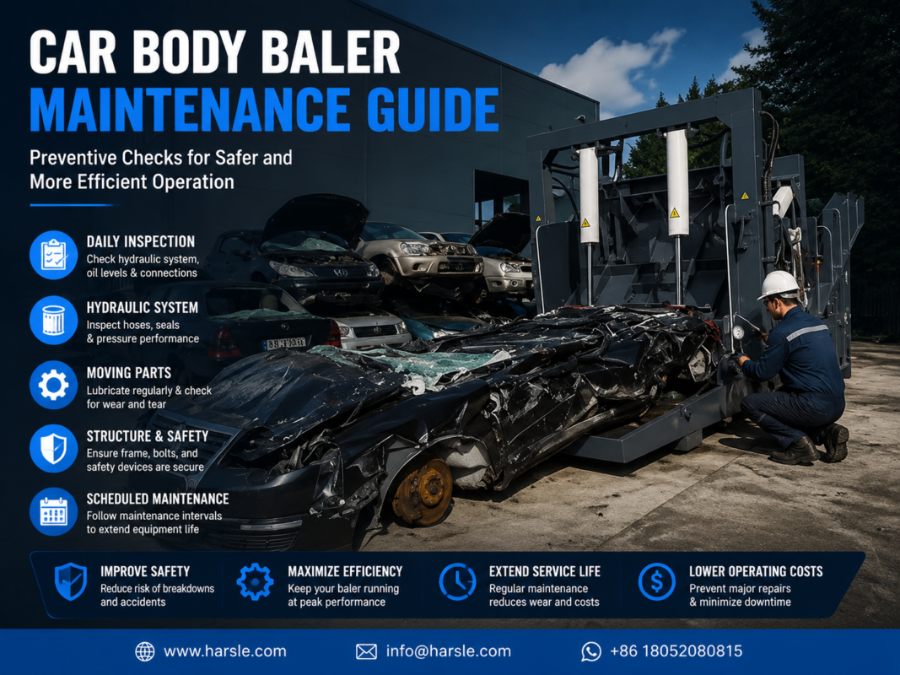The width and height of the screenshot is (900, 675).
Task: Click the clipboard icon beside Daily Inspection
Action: [53, 255]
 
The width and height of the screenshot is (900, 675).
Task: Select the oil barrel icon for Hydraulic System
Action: [53, 320]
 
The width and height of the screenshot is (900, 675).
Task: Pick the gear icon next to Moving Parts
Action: [53, 385]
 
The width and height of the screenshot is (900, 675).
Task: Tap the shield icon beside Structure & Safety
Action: [53, 448]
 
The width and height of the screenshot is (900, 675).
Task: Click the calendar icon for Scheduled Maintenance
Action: [53, 511]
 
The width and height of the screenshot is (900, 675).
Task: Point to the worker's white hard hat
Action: [779, 284]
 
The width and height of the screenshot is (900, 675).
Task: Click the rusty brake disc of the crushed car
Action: [423, 493]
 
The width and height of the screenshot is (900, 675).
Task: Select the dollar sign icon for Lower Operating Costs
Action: [656, 581]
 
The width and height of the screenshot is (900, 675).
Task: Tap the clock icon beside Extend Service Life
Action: [457, 581]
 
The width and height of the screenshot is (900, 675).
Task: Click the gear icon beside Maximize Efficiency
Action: [255, 581]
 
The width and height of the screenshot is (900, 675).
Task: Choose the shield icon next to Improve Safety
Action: [71, 581]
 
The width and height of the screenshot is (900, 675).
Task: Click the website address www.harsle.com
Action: [225, 651]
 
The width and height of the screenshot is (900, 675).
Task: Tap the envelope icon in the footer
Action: [366, 651]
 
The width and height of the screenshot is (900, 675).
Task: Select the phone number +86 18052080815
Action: [676, 651]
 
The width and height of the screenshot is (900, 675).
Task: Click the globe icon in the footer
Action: [144, 651]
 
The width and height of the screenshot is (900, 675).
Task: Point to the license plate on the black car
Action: [285, 343]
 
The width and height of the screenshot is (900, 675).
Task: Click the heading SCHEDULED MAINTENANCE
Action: [158, 499]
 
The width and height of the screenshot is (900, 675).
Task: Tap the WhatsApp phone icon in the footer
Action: [591, 651]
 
